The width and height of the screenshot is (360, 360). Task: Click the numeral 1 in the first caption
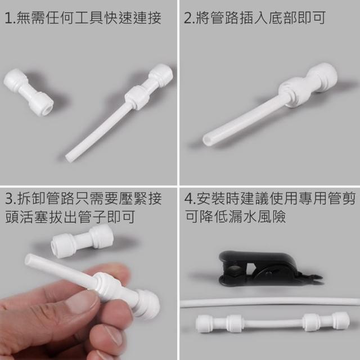8,18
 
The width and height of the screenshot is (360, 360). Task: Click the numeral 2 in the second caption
188,18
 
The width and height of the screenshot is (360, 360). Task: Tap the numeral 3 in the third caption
9,199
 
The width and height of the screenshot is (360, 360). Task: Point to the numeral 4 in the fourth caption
188,199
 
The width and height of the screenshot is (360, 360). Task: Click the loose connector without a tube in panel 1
29,92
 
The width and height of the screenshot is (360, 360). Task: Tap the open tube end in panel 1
68,158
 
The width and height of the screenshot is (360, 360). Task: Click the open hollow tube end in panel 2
206,140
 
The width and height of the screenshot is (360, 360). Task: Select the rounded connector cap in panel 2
322,77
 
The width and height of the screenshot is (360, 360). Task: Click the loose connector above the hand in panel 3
82,241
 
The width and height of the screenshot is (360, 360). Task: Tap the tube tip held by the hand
29,260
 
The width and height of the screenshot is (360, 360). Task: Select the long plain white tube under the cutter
270,302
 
